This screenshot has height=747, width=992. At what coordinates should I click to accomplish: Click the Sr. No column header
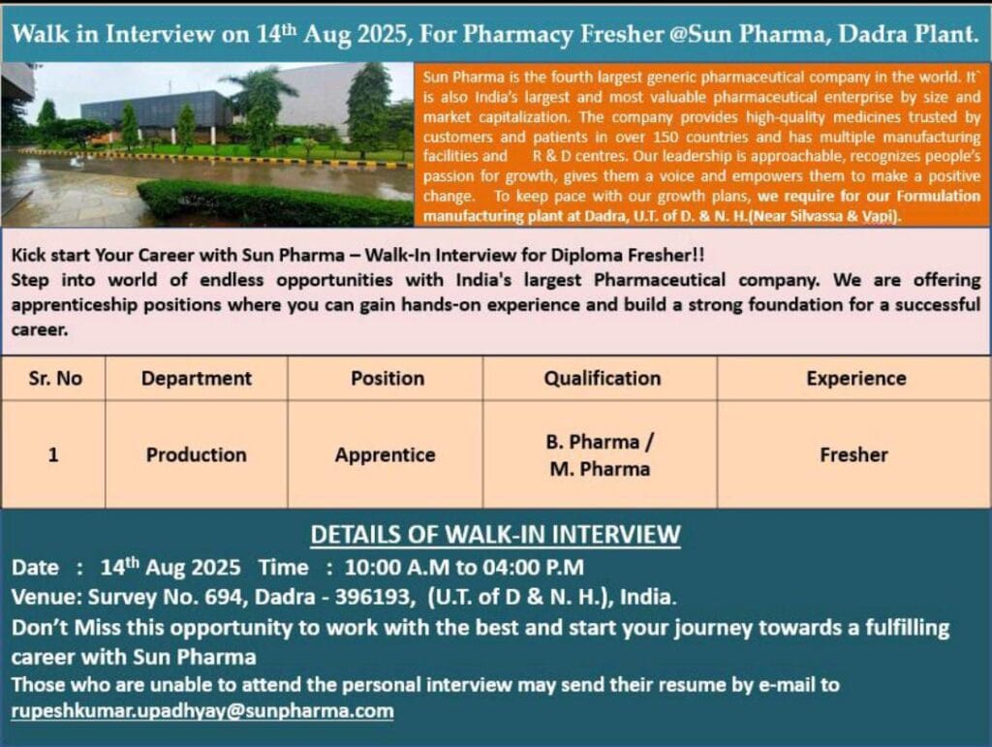coord(55,378)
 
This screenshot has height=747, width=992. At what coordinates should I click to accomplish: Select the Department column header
coord(196,378)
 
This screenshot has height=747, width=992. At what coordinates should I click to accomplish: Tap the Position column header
coord(387,378)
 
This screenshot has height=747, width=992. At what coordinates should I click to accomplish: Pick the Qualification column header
coord(603,378)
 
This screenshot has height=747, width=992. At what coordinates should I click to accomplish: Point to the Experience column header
coord(856,378)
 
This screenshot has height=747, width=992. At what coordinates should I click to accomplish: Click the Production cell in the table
coord(196,454)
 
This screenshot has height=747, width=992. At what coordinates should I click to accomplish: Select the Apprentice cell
coord(385,454)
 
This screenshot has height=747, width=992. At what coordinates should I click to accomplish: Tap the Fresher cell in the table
coord(853,454)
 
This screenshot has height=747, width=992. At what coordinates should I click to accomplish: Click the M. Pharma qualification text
coord(600,469)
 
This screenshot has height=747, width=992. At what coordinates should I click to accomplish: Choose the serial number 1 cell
coord(53,454)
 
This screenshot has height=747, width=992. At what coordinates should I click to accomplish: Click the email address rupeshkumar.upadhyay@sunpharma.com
coord(202,711)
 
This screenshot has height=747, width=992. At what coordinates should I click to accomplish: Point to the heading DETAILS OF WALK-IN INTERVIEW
coord(495,535)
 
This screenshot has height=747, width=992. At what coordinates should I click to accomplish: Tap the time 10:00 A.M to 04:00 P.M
coord(464,567)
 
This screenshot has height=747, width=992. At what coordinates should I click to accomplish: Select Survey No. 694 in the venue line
coord(167,597)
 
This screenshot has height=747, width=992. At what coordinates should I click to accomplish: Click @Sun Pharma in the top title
coord(748,34)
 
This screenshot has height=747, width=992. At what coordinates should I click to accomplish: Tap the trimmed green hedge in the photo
coord(273,203)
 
